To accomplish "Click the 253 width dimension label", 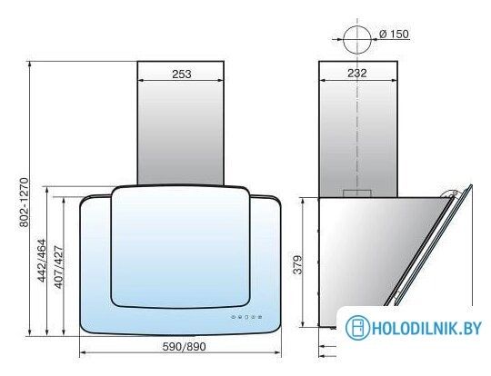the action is tap(181, 74).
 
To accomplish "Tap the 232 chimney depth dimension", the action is tap(357, 73).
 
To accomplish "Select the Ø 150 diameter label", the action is tap(394, 34).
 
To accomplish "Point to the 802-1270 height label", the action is tap(24, 203).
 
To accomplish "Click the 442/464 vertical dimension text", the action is tap(41, 261).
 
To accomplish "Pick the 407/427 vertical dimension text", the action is tap(58, 267).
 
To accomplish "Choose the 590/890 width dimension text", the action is tap(184, 346).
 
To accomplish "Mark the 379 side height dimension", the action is tap(298, 265).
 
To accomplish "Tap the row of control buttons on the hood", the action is tap(246, 317).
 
